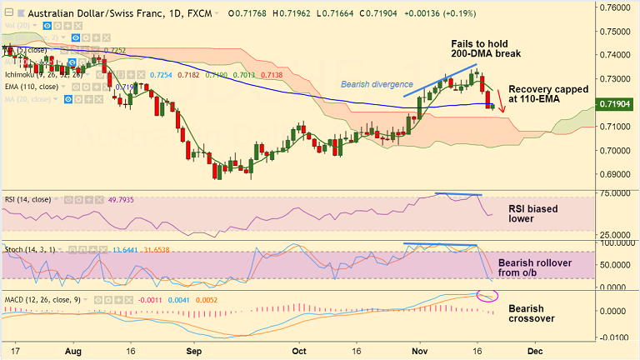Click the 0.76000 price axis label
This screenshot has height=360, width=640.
coord(617,7)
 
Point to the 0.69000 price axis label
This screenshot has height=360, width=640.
coord(617,175)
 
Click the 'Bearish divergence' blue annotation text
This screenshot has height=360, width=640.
coord(376,84)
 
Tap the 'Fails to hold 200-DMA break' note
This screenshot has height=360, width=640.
coord(497,49)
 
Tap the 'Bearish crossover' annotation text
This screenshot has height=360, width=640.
coord(532,313)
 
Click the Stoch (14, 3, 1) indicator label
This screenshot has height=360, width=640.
coord(31,248)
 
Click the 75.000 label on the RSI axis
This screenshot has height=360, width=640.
coord(615,194)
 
